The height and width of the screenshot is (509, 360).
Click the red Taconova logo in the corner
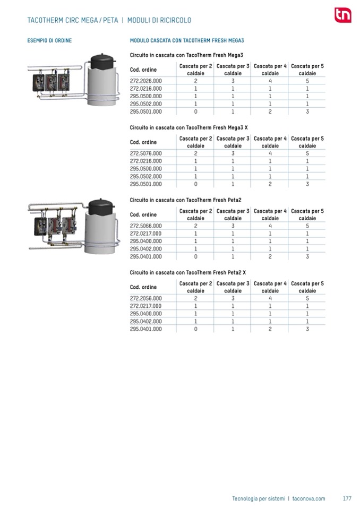342,15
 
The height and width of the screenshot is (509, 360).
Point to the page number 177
347,498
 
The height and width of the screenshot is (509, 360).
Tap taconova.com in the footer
309,498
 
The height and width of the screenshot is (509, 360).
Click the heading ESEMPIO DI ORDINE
49,40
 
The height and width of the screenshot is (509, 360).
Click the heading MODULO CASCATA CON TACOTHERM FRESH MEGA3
186,40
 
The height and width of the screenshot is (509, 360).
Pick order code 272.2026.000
146,81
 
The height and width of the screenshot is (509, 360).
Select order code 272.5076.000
146,153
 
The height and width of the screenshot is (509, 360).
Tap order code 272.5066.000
146,226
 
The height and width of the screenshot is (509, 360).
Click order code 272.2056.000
146,298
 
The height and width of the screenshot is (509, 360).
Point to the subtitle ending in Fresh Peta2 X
188,272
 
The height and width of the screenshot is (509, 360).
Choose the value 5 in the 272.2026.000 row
307,81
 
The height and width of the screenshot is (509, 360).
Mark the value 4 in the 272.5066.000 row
270,226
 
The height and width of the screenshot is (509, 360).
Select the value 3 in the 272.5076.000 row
233,153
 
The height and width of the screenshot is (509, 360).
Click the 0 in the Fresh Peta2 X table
195,329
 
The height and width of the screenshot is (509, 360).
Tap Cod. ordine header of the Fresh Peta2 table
143,214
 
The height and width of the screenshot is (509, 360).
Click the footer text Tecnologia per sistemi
258,498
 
